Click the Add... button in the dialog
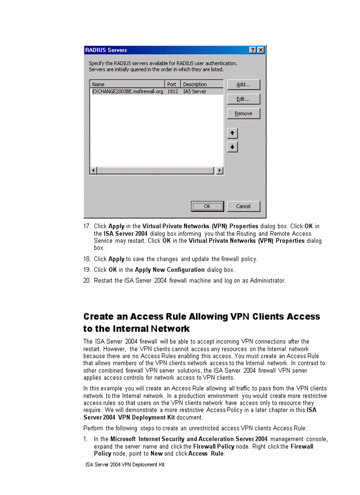tap(244, 85)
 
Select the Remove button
tap(244, 114)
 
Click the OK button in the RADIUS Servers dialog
tap(207, 206)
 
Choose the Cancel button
tap(244, 206)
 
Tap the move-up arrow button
tap(232, 133)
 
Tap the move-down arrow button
tap(232, 147)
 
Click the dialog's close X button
tap(261, 50)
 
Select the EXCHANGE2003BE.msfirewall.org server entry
tap(127, 92)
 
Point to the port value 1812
tap(172, 92)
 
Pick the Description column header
tap(195, 84)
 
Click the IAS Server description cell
tap(195, 92)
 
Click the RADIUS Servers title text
tap(106, 50)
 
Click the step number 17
tap(87, 227)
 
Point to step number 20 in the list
tap(87, 281)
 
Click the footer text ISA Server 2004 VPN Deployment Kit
tap(125, 465)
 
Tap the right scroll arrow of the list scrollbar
tap(220, 170)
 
